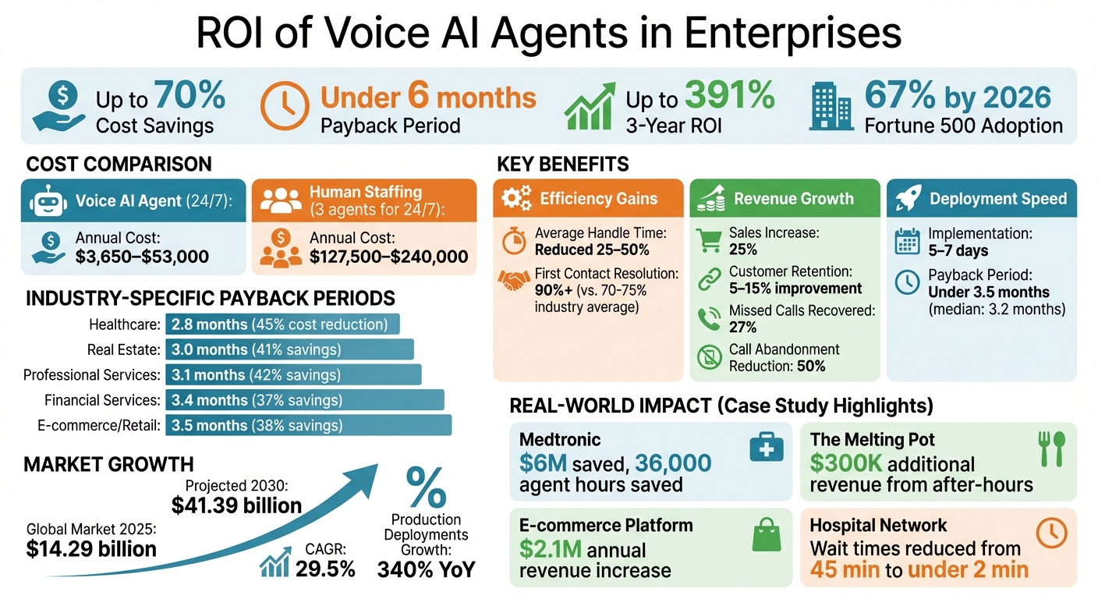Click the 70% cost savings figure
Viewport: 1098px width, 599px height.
pos(189,95)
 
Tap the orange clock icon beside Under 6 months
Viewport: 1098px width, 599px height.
pos(285,106)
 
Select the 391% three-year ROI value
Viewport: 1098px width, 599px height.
pos(729,95)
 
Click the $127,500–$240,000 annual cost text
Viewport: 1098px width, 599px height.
pos(389,257)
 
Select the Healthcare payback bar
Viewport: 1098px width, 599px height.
pos(282,324)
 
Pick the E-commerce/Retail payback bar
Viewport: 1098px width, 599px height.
pos(308,425)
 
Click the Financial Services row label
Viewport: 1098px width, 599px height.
pos(101,400)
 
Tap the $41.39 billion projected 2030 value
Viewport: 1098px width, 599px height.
pos(236,505)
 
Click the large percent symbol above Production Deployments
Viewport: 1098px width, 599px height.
pos(426,487)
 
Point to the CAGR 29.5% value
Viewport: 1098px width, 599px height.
pos(325,569)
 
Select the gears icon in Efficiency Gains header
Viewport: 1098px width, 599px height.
pos(516,199)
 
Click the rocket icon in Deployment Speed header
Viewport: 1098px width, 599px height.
pos(909,199)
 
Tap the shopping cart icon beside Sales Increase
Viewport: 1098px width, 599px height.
pos(708,240)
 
